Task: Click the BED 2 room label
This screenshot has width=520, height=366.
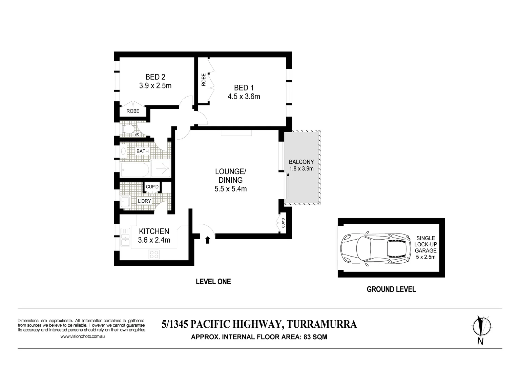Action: click(155, 77)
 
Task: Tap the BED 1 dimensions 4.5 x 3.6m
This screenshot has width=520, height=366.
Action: click(244, 97)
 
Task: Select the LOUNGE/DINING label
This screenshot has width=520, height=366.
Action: click(230, 176)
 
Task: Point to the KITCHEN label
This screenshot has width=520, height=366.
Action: click(154, 231)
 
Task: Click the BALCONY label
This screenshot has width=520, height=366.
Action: click(301, 162)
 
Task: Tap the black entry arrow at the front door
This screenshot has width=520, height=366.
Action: click(208, 240)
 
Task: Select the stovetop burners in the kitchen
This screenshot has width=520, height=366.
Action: click(154, 254)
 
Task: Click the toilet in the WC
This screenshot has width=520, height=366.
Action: click(128, 129)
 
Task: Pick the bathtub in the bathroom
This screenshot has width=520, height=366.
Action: click(135, 170)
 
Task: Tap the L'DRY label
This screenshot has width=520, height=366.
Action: click(144, 201)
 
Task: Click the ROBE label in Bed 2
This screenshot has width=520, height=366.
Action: click(133, 111)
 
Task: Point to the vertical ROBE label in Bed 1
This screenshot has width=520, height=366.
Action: click(204, 80)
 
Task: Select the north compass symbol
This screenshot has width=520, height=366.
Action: click(481, 328)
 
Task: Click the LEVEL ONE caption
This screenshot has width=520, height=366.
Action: click(213, 282)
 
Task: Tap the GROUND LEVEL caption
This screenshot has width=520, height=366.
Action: click(391, 289)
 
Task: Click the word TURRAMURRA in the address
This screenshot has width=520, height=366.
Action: click(322, 324)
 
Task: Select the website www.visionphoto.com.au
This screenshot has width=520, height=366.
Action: click(82, 337)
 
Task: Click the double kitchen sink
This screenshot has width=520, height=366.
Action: click(125, 238)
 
